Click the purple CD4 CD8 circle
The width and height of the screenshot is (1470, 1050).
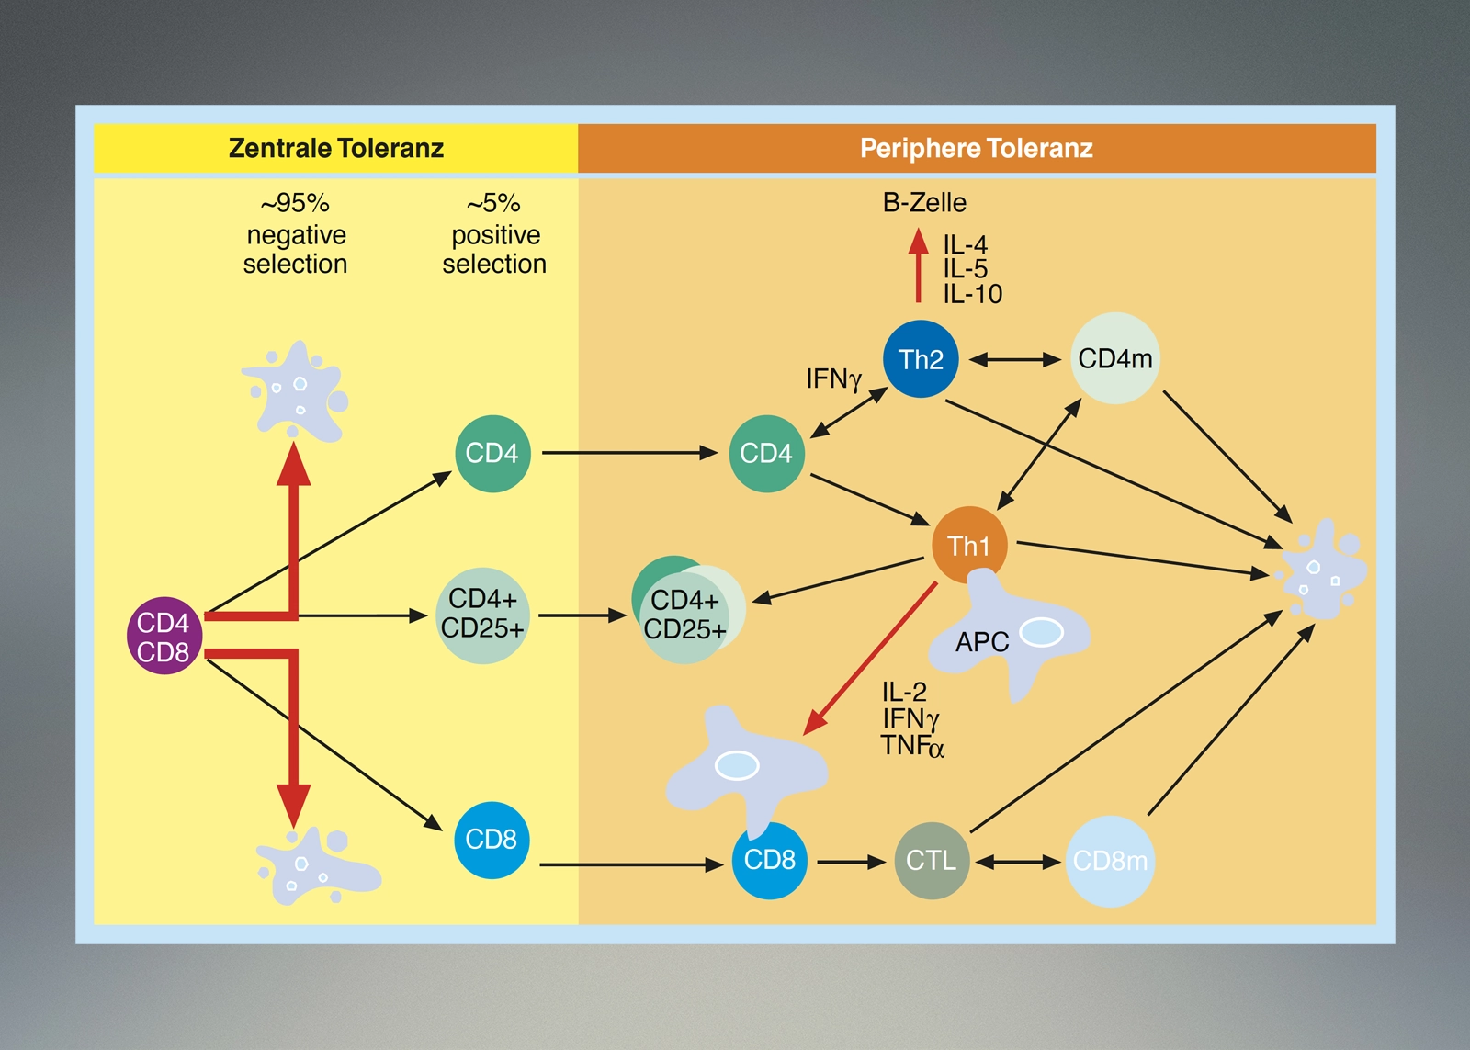[164, 636]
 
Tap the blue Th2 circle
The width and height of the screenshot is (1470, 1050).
[920, 359]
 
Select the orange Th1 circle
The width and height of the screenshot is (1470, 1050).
[968, 546]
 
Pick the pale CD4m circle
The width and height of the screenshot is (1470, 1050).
[1114, 358]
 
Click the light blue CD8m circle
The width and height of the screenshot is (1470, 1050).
[1109, 862]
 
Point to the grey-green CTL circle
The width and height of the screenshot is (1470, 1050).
[931, 861]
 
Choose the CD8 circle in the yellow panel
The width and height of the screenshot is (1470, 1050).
[492, 840]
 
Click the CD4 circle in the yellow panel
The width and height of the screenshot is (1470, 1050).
[492, 454]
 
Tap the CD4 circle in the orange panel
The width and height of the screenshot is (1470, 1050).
[766, 454]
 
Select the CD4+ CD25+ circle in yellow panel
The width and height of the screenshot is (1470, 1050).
[482, 615]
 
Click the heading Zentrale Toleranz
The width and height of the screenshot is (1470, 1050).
[336, 148]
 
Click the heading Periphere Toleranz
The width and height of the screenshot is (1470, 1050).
[977, 148]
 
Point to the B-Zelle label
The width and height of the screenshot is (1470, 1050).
[924, 202]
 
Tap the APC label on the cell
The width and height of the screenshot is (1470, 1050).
[982, 642]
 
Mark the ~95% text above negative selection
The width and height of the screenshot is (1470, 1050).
[295, 203]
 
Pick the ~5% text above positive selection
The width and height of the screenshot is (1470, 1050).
[494, 203]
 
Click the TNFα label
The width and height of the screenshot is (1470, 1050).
[911, 746]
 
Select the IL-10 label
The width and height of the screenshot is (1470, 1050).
[973, 294]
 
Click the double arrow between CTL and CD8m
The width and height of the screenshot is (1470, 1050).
[1018, 862]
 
